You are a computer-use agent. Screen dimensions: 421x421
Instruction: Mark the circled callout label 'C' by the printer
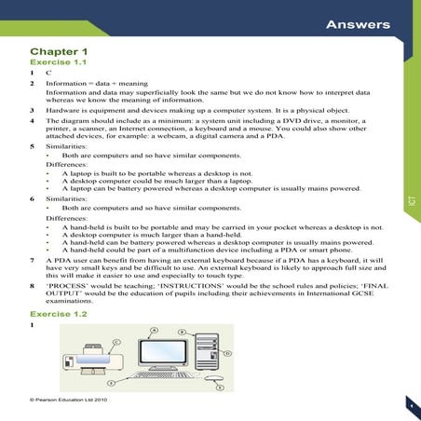pos(116,343)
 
